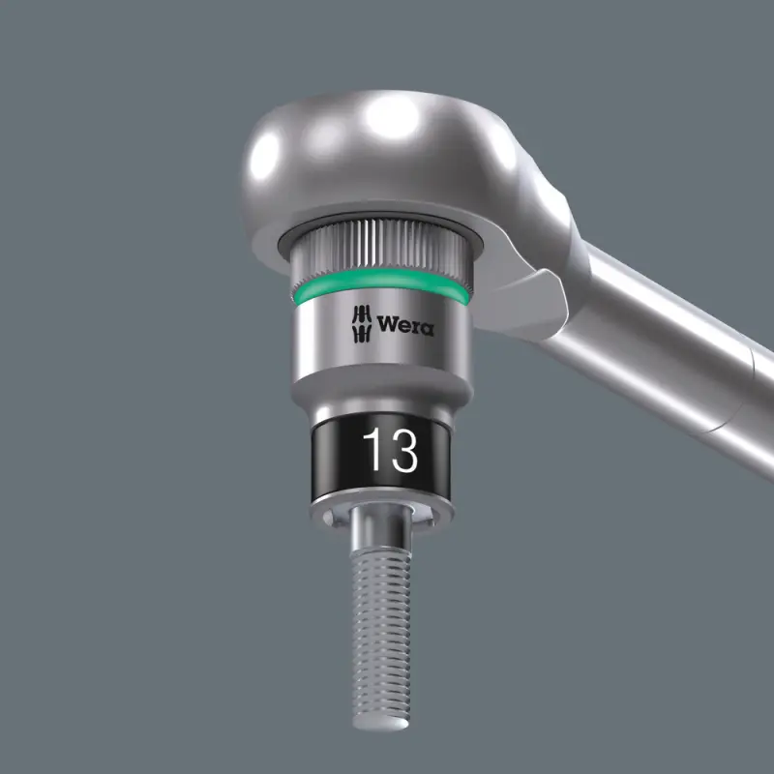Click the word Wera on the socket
(404, 325)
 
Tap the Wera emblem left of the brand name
(359, 323)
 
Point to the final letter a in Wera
(426, 328)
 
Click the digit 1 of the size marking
(372, 451)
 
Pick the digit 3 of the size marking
(402, 451)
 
